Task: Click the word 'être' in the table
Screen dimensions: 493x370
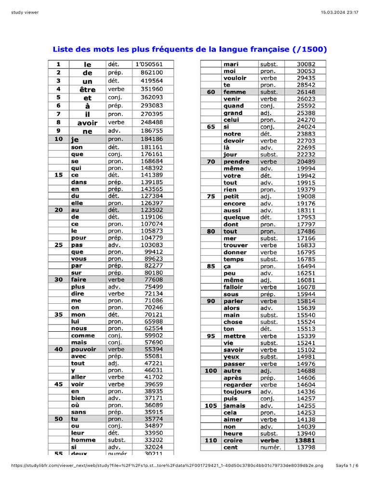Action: point(87,90)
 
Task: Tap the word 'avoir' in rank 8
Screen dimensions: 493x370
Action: point(87,123)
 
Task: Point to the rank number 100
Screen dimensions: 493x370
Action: point(211,371)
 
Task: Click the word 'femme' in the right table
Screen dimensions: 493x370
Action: point(235,92)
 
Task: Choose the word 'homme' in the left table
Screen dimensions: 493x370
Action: point(83,440)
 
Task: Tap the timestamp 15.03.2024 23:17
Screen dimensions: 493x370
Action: point(342,12)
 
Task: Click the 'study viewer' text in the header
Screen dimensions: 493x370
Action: point(25,12)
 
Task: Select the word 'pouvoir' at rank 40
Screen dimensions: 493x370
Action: point(83,350)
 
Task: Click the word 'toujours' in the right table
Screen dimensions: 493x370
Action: point(237,392)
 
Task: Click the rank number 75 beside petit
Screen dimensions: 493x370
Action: point(211,196)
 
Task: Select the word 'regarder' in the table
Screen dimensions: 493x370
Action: point(238,385)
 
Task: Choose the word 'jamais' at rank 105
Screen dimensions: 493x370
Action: point(234,406)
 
